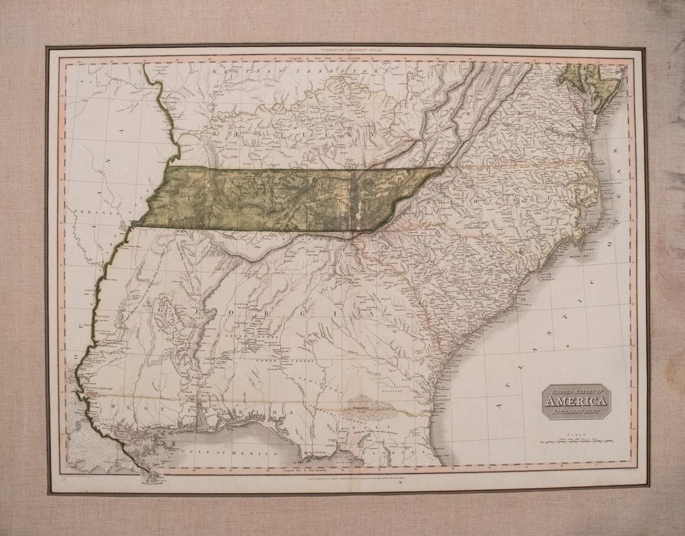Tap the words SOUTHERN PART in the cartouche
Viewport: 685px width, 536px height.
tap(575, 411)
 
